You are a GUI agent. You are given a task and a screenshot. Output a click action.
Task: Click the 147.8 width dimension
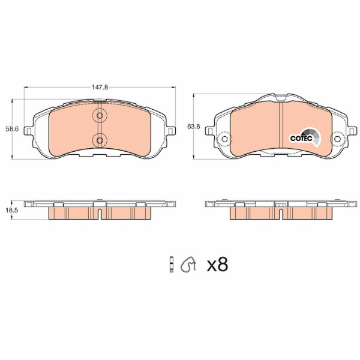(100, 87)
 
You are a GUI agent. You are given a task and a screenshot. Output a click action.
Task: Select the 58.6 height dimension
(12, 129)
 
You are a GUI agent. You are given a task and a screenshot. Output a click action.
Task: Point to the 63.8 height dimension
(194, 126)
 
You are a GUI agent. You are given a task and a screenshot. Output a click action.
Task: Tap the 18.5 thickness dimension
(12, 210)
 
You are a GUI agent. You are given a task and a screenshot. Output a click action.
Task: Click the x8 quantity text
(217, 264)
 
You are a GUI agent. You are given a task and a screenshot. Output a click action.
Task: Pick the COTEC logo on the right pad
(305, 137)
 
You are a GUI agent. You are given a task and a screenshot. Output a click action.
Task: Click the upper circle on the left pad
(100, 115)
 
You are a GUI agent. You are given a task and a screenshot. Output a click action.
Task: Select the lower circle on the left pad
(100, 140)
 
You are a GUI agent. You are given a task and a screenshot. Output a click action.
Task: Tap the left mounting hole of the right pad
(224, 139)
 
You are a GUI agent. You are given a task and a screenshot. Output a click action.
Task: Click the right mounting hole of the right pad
(337, 139)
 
